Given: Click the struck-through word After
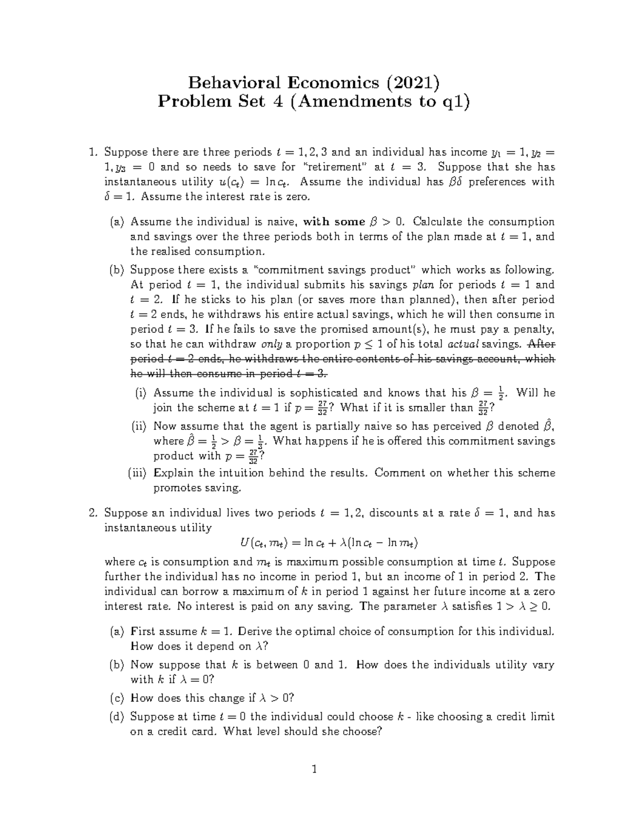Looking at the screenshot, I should click(x=541, y=344).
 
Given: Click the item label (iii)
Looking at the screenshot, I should click(x=138, y=473).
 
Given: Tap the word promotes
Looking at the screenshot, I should click(x=174, y=488).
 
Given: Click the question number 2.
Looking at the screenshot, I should click(x=93, y=513).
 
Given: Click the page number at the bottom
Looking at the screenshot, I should click(x=314, y=770).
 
